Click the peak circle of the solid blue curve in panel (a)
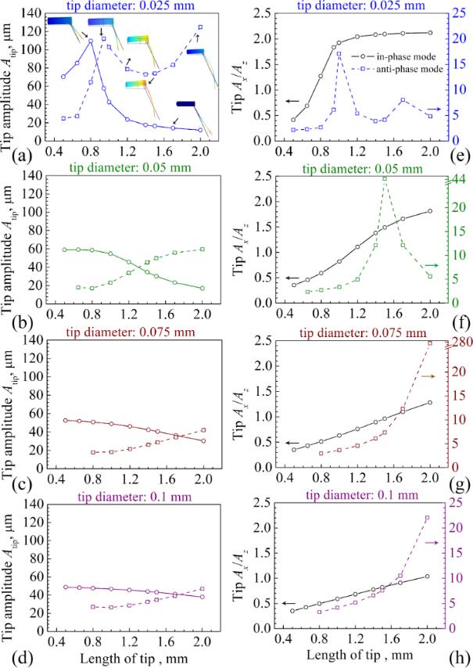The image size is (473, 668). click(x=91, y=41)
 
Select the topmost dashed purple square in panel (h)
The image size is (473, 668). click(x=427, y=518)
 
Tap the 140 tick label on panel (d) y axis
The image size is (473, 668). click(x=30, y=503)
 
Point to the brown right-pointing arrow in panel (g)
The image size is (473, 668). click(x=428, y=376)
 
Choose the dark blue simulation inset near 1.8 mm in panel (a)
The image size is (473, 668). click(x=186, y=103)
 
